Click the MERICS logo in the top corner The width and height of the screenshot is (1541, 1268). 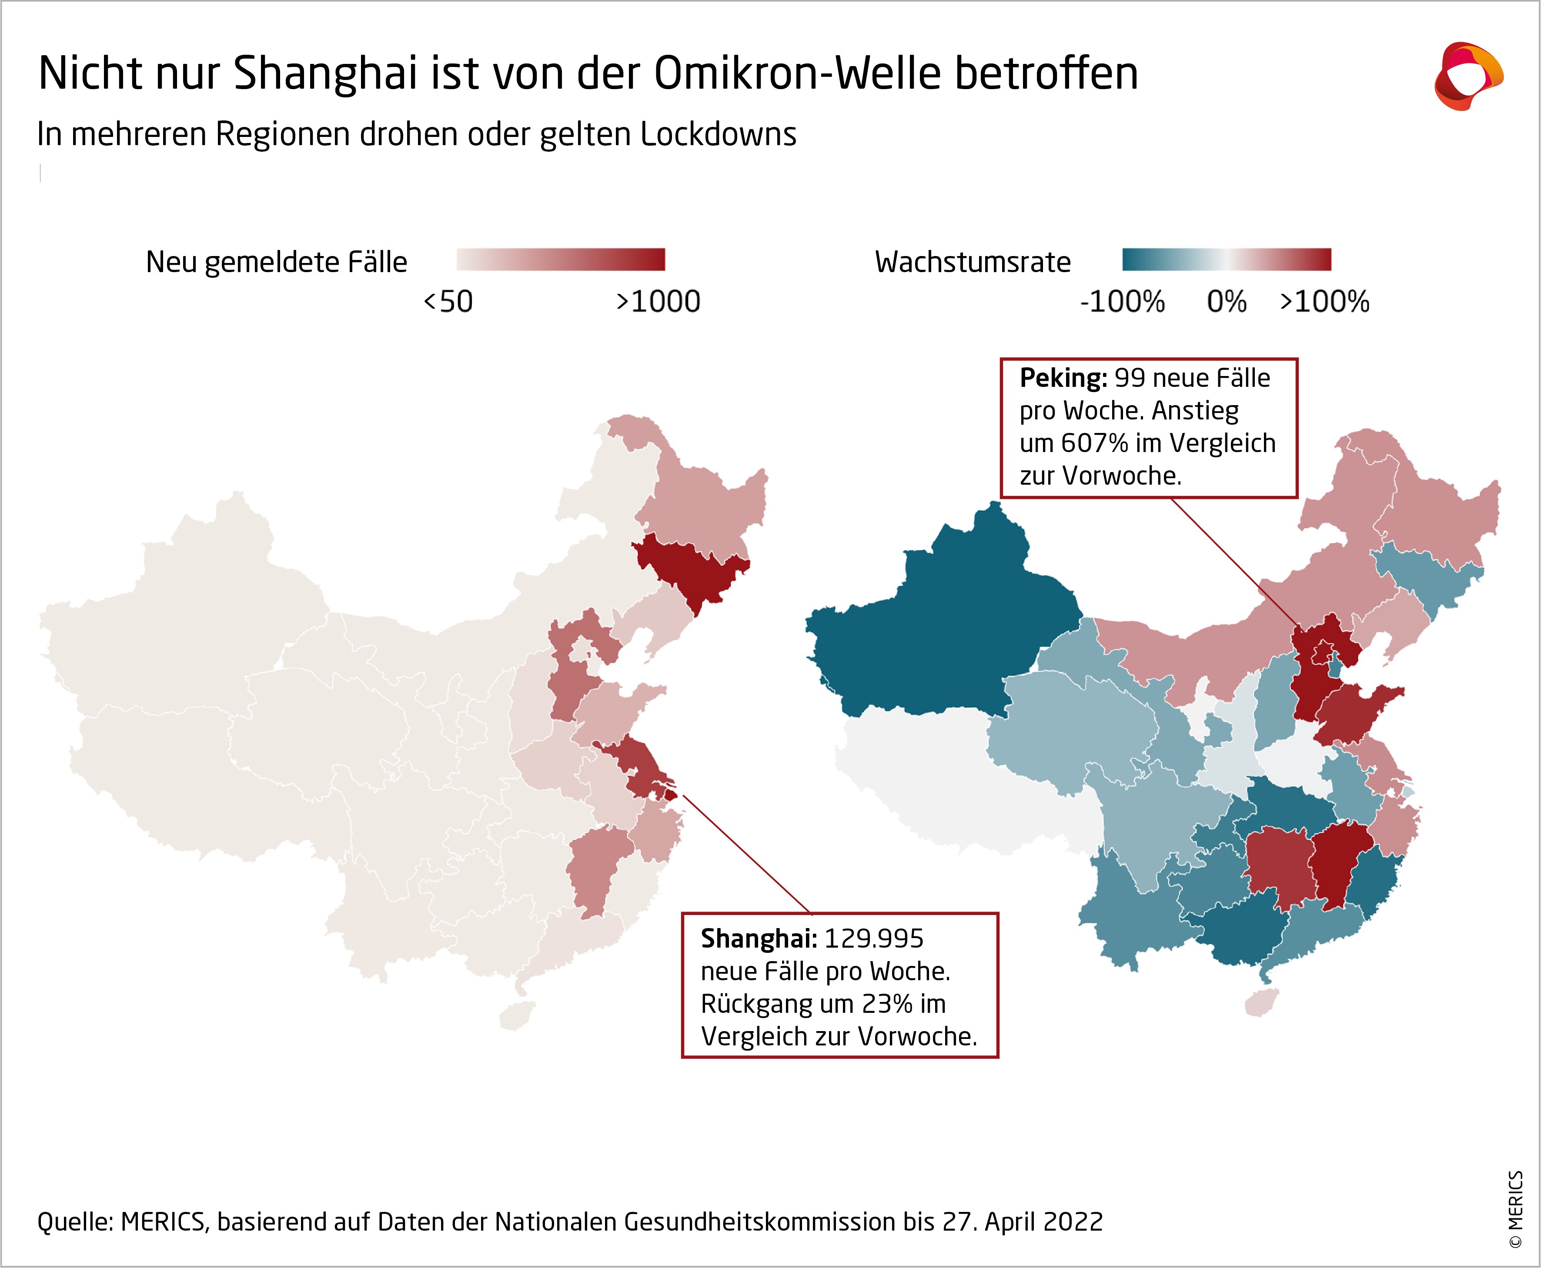tap(1468, 76)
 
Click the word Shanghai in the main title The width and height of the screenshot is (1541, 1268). tap(325, 74)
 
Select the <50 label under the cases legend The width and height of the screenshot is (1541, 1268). tap(448, 301)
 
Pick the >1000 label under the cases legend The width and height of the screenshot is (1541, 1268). tap(658, 301)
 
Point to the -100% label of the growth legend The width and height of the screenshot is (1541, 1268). tap(1122, 301)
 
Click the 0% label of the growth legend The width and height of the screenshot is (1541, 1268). tap(1227, 301)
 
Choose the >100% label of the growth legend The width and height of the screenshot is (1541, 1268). tap(1324, 301)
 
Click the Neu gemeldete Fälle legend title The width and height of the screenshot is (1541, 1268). tap(276, 262)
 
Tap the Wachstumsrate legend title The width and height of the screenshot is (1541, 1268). tap(973, 262)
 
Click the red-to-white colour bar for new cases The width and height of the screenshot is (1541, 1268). tap(561, 260)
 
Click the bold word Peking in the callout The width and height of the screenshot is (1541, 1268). tap(1063, 378)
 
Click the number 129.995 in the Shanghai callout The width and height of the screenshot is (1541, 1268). tap(874, 939)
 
